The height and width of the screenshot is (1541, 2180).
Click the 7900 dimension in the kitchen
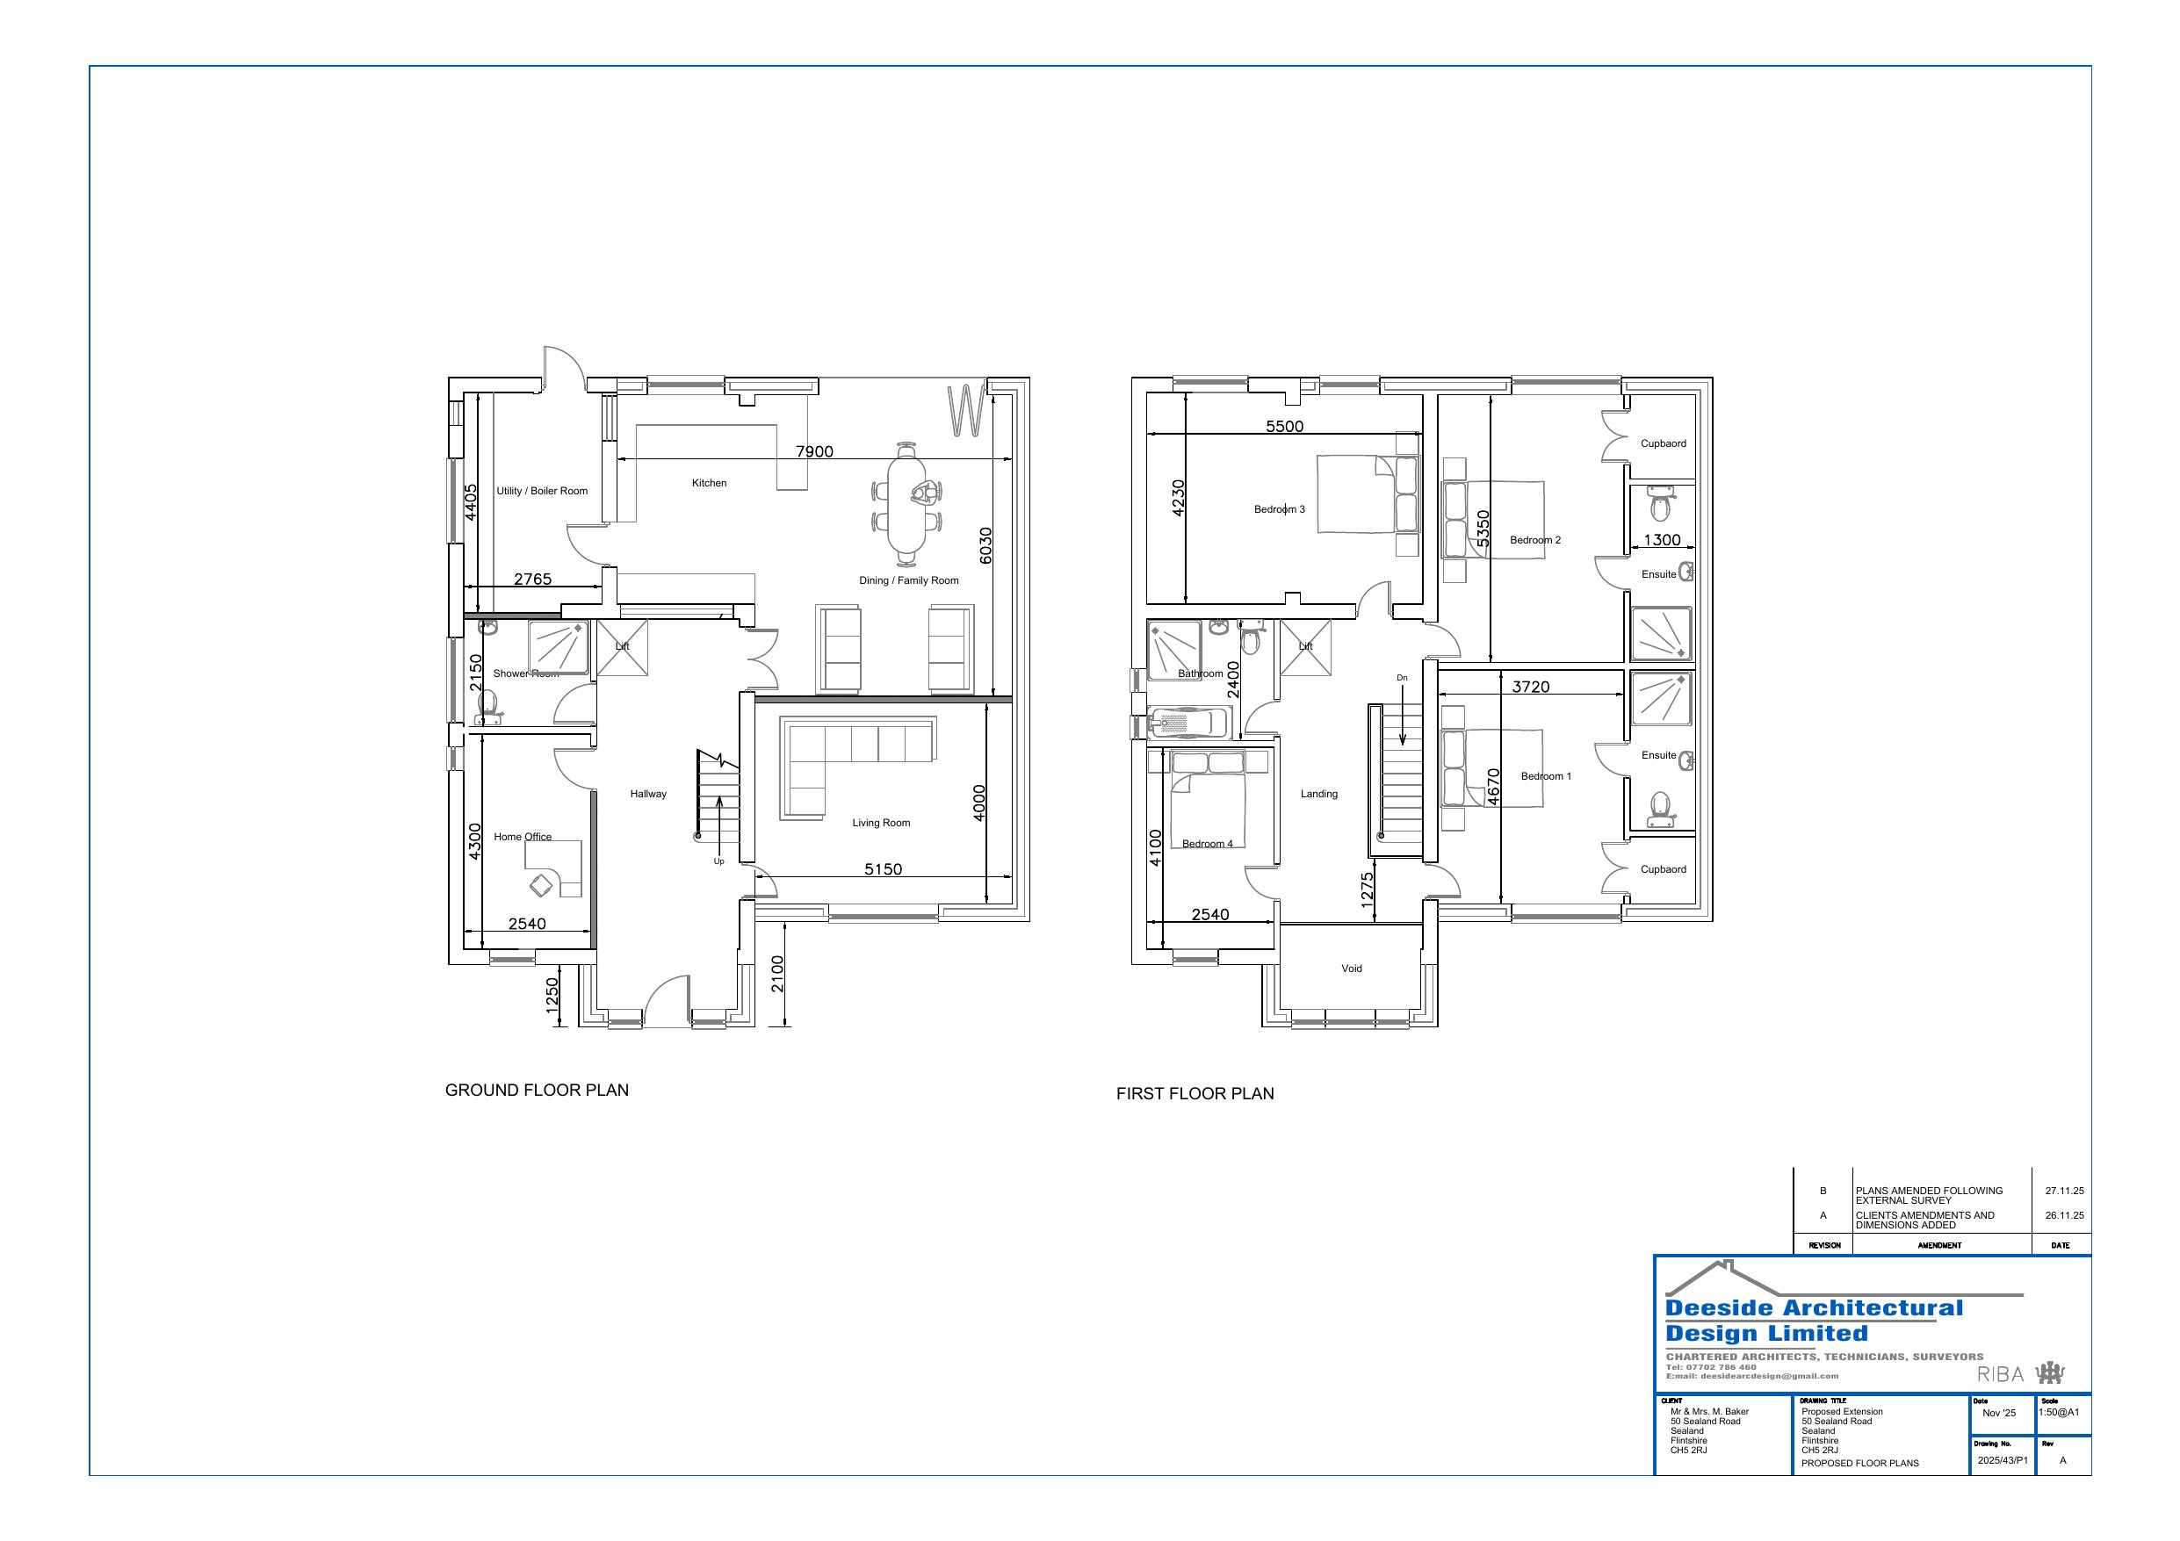(813, 452)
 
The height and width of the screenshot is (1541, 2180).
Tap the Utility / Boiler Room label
(541, 491)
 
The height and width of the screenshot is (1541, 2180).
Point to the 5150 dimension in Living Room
(882, 868)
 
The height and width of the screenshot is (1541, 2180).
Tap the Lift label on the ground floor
(622, 646)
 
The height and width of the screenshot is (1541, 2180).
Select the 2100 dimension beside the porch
(777, 973)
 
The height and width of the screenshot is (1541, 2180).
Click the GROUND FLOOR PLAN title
(537, 1090)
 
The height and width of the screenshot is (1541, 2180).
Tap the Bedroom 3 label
(1279, 509)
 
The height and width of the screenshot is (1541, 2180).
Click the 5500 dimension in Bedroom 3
(1284, 427)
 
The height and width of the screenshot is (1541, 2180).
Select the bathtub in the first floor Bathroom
(1187, 724)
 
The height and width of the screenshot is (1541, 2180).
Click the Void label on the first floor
(1351, 969)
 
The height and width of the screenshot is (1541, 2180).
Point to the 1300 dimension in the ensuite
(1662, 539)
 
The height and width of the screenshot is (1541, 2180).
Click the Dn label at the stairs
(1402, 678)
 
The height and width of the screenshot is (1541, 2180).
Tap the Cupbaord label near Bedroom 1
(1663, 868)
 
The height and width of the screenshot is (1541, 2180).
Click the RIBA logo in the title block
(2001, 1374)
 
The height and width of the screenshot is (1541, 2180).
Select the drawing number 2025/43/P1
(2002, 1460)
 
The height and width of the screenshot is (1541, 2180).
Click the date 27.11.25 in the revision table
(2064, 1191)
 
